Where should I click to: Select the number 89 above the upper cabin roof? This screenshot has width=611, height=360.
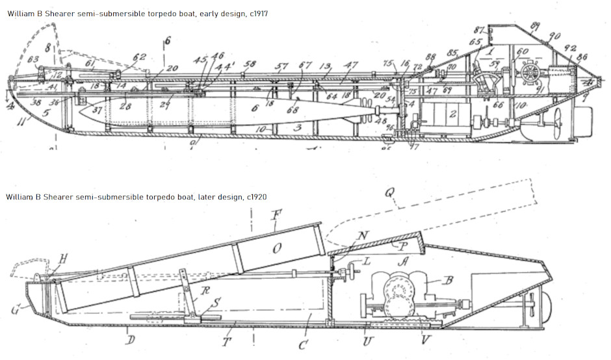tap(535, 25)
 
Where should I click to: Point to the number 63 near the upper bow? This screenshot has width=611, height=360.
tap(32, 60)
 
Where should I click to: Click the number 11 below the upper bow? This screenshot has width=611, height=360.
tap(24, 121)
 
